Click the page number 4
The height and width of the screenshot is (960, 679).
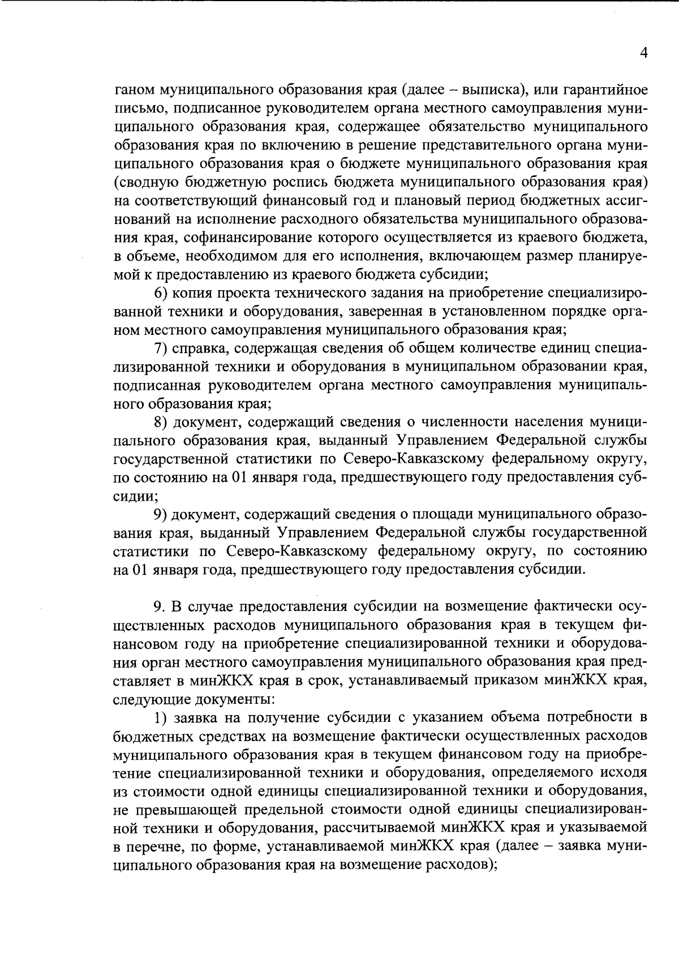(643, 53)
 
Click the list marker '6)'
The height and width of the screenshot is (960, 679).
(161, 293)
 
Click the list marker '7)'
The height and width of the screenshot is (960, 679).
(161, 348)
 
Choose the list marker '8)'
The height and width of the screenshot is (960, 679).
(161, 423)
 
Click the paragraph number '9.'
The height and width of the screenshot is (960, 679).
(160, 607)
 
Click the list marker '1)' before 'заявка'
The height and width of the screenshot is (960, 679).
(161, 718)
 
